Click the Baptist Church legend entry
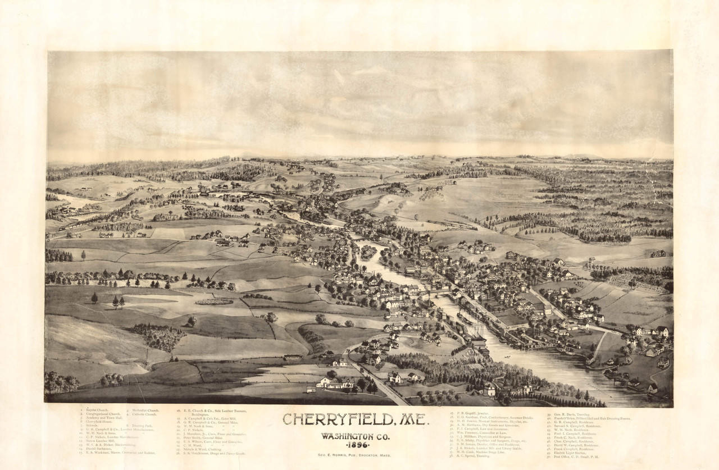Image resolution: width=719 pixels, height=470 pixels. click(95, 410)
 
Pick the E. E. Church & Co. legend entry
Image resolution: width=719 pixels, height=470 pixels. click(214, 411)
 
